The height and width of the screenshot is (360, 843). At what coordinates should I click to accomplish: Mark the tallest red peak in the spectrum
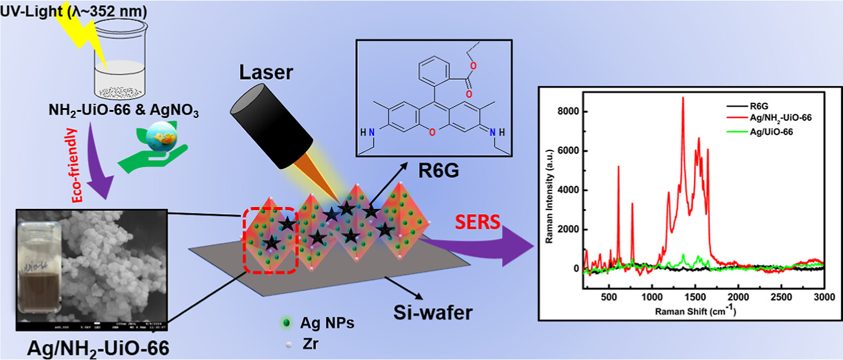pos(682,98)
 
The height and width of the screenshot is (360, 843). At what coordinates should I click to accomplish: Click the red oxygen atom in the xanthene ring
pos(434,132)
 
